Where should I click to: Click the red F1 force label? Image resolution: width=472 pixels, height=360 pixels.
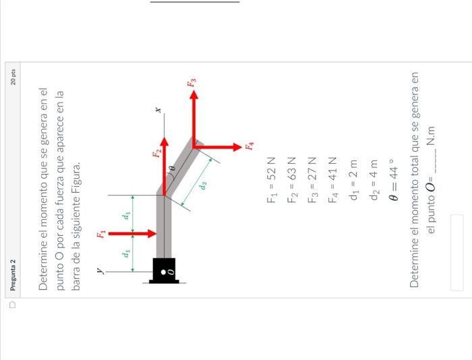(x=101, y=234)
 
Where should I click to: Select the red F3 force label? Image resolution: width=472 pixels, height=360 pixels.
(x=191, y=82)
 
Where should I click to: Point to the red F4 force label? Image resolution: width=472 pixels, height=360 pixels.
(x=249, y=146)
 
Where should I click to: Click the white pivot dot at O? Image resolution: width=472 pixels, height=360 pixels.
(x=163, y=272)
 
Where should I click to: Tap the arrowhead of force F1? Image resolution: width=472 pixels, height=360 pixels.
(x=152, y=233)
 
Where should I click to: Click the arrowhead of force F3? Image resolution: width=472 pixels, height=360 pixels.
(x=194, y=94)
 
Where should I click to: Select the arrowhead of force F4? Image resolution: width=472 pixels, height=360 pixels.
(x=238, y=147)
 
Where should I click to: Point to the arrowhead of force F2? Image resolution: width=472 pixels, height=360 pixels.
(x=164, y=142)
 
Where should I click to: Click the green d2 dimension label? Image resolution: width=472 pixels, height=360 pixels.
(x=203, y=185)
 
